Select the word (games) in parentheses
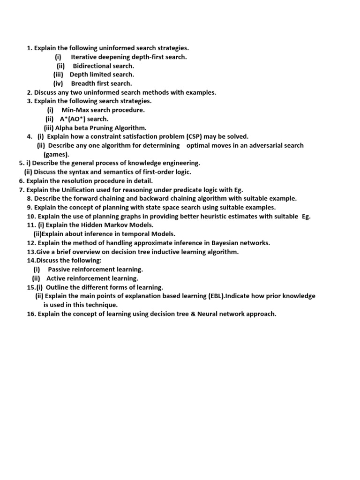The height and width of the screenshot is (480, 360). tap(56, 154)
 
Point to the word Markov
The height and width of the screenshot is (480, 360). tap(113, 225)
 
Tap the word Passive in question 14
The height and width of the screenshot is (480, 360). tap(60, 269)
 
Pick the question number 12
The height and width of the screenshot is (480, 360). tap(31, 242)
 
